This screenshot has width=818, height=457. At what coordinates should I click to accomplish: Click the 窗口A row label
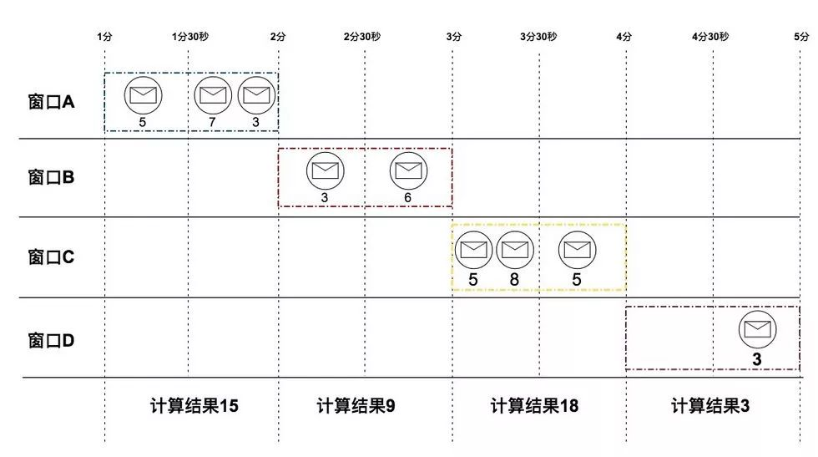[51, 103]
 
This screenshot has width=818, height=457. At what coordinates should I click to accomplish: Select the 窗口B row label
[51, 178]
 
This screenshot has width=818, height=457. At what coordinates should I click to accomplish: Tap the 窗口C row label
[51, 256]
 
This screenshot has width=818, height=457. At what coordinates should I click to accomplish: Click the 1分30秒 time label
[189, 37]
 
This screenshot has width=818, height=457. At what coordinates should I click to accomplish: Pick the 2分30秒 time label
[362, 37]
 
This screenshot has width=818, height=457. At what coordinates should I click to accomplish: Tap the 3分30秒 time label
[538, 37]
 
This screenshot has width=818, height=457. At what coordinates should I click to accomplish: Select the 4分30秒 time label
[710, 37]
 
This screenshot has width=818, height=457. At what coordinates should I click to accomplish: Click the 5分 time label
[801, 37]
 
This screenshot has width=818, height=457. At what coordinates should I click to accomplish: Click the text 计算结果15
[194, 406]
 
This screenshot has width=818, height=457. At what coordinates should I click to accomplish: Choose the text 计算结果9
[356, 406]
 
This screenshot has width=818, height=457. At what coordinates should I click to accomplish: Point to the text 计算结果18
[534, 406]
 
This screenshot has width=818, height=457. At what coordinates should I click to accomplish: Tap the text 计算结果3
[710, 406]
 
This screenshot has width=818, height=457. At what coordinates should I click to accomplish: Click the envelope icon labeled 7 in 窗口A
[213, 94]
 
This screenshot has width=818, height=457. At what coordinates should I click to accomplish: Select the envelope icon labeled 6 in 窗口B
[407, 170]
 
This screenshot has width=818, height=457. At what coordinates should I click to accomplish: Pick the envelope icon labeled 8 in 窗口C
[514, 249]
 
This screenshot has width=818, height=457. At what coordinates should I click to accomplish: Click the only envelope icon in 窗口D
[757, 329]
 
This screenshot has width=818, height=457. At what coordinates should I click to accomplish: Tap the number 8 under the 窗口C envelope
[514, 280]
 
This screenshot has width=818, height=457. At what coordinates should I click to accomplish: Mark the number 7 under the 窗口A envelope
[213, 123]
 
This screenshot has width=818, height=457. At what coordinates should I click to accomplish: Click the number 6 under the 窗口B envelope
[407, 198]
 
